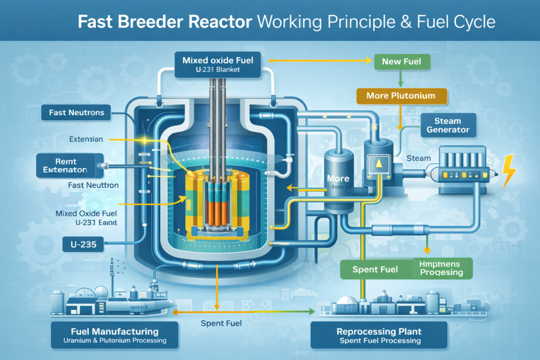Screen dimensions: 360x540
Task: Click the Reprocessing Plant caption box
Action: (x=379, y=335)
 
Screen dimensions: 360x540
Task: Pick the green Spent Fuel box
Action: (x=374, y=269)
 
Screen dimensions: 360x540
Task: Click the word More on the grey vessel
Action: (x=338, y=178)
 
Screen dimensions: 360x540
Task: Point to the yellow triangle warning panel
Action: (x=378, y=163)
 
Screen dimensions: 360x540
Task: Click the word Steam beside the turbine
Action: (x=419, y=158)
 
